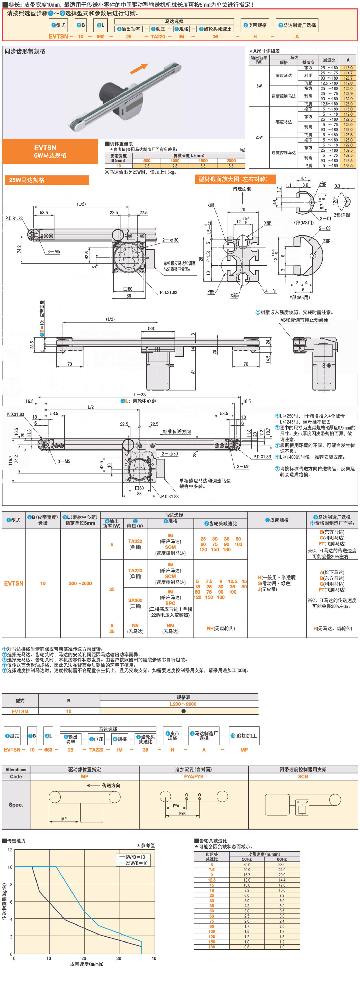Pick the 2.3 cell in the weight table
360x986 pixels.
pos(147,166)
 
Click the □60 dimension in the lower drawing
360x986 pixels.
pos(139,488)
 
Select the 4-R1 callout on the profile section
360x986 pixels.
pos(271,291)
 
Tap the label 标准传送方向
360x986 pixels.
pos(177,431)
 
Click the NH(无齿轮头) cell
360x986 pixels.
pos(221,628)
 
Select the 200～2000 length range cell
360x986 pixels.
pos(80,583)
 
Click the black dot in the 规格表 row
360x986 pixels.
pos(183,711)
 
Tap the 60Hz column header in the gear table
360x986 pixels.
pos(282,859)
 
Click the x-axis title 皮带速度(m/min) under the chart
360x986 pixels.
pos(86,964)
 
